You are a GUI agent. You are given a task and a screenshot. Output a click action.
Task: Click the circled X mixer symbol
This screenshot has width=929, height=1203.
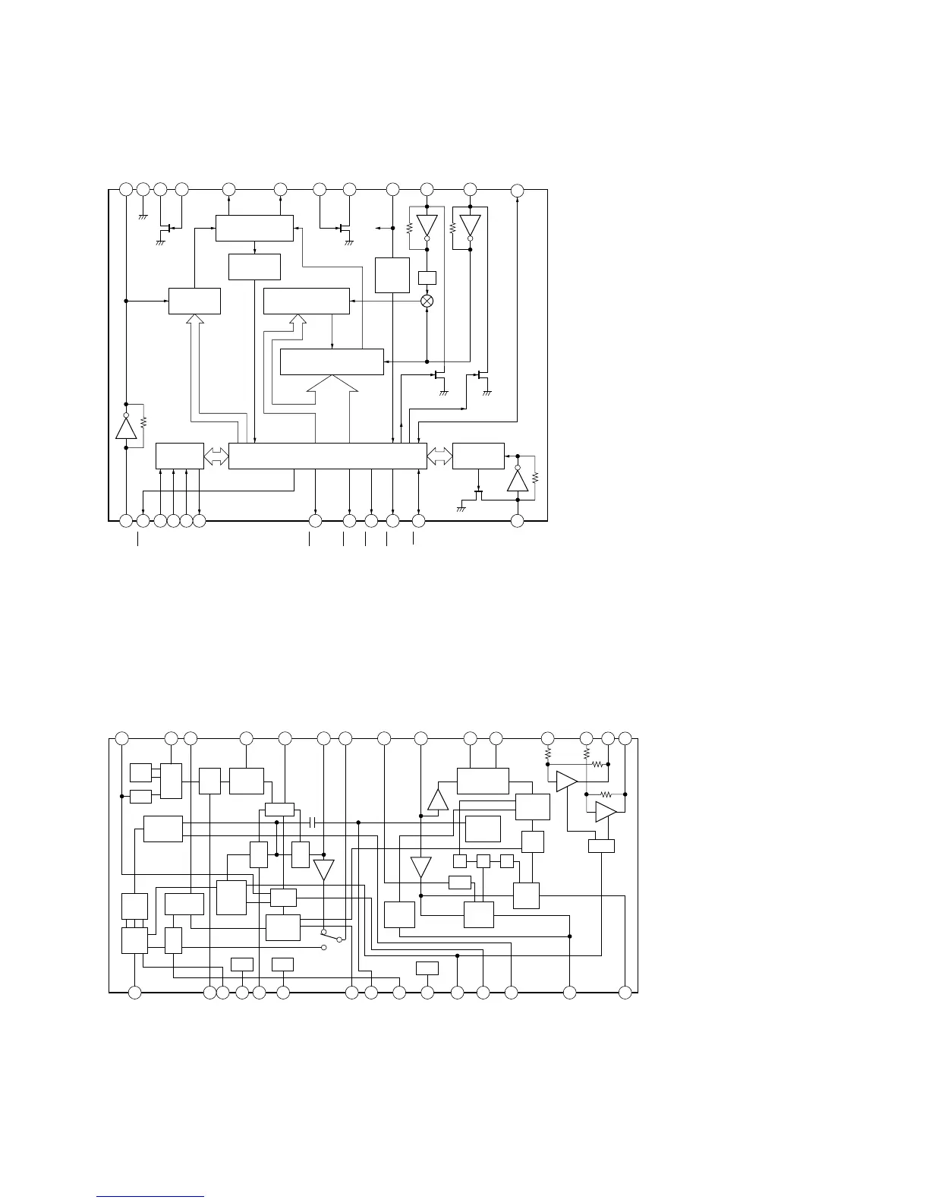[x=427, y=301]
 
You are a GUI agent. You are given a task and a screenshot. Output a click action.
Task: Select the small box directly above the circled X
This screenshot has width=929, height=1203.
[x=427, y=278]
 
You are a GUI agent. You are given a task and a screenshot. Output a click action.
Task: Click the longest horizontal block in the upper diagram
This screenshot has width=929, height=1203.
[x=327, y=456]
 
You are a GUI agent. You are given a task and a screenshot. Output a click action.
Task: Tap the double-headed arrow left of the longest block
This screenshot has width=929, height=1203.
[x=216, y=456]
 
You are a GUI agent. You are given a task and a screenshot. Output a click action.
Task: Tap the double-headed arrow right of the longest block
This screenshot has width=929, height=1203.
[x=439, y=456]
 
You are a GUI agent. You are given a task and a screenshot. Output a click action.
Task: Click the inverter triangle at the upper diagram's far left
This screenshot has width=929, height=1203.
[x=126, y=428]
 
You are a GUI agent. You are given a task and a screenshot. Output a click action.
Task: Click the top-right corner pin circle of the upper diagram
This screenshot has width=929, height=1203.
[x=517, y=189]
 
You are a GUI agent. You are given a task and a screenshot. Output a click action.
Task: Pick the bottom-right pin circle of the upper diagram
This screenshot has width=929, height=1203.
[x=518, y=521]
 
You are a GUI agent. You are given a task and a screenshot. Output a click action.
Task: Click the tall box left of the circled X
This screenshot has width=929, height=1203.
[x=392, y=275]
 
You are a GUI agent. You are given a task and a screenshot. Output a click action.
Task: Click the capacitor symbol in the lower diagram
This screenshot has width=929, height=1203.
[x=313, y=823]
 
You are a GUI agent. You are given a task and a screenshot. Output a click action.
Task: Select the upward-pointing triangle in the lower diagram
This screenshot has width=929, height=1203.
[x=439, y=800]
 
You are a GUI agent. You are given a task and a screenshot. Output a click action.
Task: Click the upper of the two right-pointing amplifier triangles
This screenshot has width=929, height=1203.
[x=567, y=781]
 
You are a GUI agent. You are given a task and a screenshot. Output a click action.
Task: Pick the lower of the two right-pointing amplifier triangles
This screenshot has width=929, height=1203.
[x=606, y=812]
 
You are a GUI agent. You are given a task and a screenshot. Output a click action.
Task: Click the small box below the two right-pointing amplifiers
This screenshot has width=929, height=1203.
[x=601, y=846]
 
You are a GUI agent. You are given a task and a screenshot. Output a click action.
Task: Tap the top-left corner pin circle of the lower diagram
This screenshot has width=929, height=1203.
[x=121, y=737]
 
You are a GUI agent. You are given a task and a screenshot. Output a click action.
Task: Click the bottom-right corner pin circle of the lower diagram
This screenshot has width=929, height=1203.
[x=625, y=992]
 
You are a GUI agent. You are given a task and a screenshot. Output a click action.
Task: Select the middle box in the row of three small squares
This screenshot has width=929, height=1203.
[x=483, y=860]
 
